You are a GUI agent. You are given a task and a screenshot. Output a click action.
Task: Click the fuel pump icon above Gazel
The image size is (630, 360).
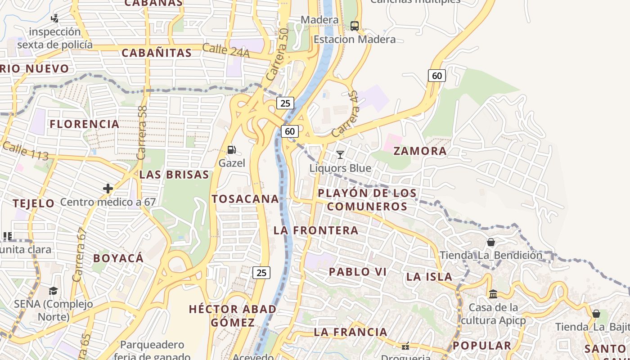(x=232, y=149)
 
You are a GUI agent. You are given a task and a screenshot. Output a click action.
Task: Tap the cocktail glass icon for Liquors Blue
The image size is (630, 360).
(x=340, y=155)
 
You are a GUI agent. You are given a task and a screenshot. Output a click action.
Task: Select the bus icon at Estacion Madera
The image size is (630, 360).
(x=355, y=26)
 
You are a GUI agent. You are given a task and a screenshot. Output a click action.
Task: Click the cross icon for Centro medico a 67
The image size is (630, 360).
(x=108, y=188)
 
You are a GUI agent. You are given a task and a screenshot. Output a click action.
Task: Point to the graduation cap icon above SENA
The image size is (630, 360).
(x=54, y=291)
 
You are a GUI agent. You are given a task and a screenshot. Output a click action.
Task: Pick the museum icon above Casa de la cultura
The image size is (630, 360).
(x=493, y=294)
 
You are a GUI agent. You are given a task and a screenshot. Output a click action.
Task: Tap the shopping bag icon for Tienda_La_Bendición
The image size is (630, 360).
(x=491, y=242)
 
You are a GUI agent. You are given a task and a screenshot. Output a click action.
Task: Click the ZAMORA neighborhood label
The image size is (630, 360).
(x=420, y=151)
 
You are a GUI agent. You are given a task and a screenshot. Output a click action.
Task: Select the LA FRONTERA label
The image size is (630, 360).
(x=316, y=230)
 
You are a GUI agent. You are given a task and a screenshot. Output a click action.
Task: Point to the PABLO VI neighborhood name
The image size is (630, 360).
(x=358, y=272)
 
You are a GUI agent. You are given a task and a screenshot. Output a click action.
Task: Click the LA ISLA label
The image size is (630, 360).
(x=429, y=277)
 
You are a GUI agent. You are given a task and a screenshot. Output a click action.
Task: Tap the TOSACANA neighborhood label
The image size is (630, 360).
(x=245, y=199)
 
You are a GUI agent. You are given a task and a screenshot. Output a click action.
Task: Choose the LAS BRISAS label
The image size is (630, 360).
(x=174, y=175)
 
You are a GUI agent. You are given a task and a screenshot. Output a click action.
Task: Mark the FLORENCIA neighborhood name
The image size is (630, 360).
(x=85, y=124)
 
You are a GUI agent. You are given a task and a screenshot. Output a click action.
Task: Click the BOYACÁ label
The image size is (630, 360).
(x=118, y=258)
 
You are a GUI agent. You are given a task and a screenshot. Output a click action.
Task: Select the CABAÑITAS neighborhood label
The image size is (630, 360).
(x=157, y=53)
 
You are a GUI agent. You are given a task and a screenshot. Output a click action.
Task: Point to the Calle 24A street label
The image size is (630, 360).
(x=225, y=50)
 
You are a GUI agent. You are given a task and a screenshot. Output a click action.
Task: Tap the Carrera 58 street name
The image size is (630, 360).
(x=142, y=133)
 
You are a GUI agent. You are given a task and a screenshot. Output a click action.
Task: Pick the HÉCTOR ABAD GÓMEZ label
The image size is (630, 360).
(x=233, y=315)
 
